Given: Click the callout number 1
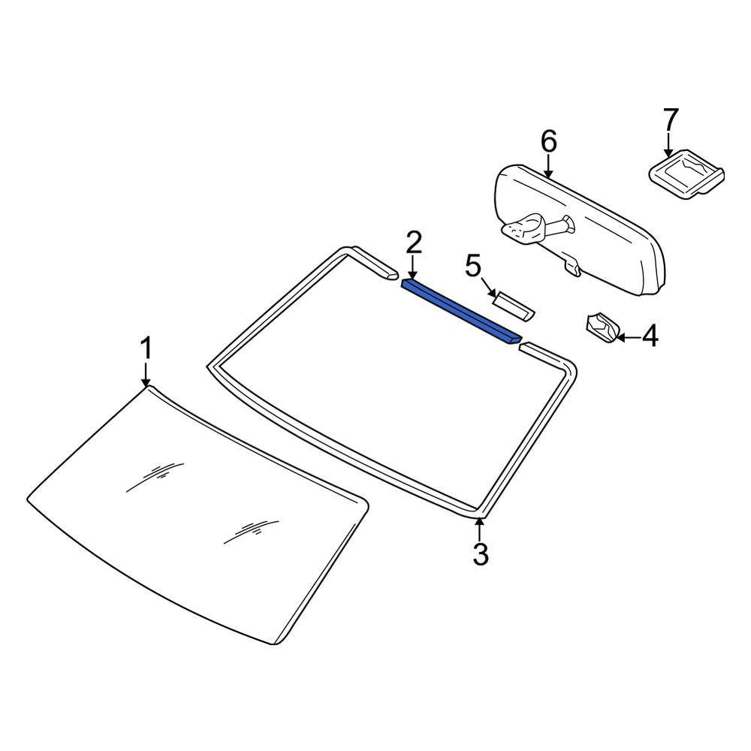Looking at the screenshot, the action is coord(146,348).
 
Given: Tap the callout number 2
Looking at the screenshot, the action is coord(414,243).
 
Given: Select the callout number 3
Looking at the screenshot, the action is coord(480,555).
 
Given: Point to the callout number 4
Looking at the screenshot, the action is coord(650,336).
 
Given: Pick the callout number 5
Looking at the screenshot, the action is coord(472,267).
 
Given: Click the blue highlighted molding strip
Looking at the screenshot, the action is coord(461,312).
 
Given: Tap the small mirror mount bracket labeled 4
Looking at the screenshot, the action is coord(603,327).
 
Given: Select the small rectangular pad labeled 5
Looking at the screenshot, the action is coord(514,306).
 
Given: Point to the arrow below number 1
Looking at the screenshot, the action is coord(146,374).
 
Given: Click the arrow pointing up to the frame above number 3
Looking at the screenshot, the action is coord(479,529).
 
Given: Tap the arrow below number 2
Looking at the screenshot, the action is coord(412,268).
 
